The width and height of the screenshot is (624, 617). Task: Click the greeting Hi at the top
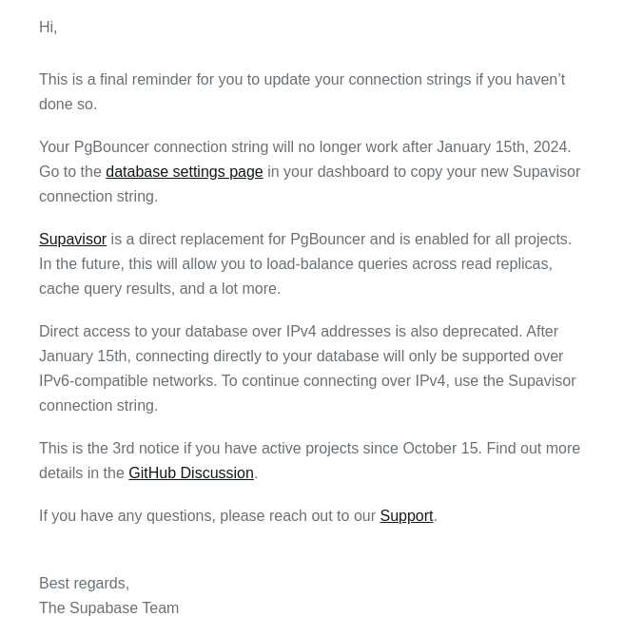tap(48, 28)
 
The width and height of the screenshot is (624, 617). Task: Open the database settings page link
tap(184, 172)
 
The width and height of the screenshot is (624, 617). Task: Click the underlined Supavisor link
tap(72, 240)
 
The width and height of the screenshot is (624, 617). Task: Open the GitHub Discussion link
tap(190, 473)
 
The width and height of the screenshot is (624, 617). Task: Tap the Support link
tap(406, 516)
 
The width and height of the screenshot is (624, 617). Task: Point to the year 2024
tap(550, 147)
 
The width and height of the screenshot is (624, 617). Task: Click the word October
tap(429, 449)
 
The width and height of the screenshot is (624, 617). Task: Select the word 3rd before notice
tap(123, 449)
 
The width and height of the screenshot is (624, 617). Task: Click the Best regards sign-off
tap(84, 584)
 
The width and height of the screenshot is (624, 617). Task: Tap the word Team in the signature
tap(159, 608)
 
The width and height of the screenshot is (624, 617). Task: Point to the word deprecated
tap(473, 332)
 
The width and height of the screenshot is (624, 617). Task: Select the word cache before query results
tap(59, 289)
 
